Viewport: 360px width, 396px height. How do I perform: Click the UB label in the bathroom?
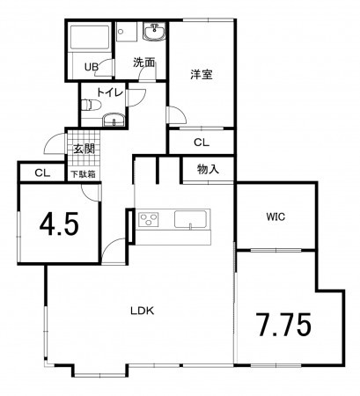(x=91, y=67)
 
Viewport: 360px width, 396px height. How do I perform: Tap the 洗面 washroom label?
(x=143, y=62)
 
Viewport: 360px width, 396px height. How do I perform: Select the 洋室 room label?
(x=201, y=75)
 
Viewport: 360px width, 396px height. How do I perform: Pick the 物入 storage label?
(x=208, y=169)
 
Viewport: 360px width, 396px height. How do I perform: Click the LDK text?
(x=143, y=311)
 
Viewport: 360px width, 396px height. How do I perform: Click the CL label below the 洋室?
(x=201, y=141)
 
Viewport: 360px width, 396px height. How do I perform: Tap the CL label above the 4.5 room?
(x=41, y=173)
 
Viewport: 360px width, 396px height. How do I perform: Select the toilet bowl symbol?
(x=87, y=106)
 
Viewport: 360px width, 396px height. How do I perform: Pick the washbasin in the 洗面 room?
(x=157, y=33)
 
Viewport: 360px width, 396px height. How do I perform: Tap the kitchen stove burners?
(x=147, y=218)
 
